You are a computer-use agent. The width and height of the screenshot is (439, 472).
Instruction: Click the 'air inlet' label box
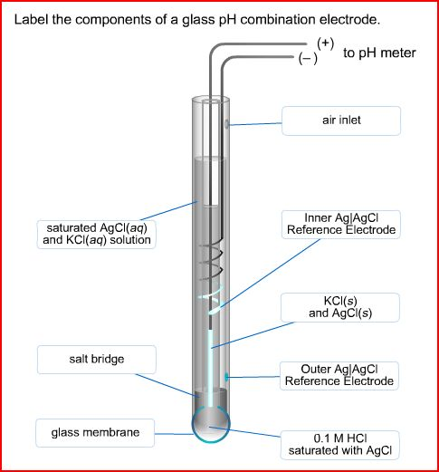click(x=340, y=120)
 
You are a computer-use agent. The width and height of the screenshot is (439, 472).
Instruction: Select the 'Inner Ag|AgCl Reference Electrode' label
click(x=340, y=224)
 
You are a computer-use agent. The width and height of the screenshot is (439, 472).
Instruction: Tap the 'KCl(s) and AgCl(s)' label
click(x=340, y=306)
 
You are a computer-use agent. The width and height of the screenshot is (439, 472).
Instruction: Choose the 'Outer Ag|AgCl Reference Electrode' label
click(x=340, y=375)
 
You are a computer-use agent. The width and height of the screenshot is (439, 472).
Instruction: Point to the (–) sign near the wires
click(x=308, y=58)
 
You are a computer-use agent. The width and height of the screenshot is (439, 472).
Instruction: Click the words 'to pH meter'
click(x=379, y=53)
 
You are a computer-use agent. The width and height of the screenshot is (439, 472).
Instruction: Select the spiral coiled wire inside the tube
click(x=213, y=258)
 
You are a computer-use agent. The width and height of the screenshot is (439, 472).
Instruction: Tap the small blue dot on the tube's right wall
click(x=227, y=374)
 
